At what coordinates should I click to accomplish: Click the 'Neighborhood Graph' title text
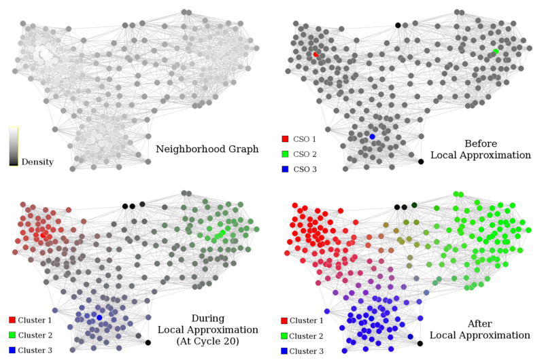click(x=207, y=149)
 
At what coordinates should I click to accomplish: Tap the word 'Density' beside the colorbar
click(x=37, y=162)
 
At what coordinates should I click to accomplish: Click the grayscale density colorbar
click(x=14, y=146)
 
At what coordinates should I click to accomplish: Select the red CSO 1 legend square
click(x=285, y=139)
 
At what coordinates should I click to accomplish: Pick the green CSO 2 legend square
click(x=285, y=154)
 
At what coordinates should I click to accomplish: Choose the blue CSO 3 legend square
click(x=285, y=169)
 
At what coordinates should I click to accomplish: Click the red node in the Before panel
click(x=316, y=54)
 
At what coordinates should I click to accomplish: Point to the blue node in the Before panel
click(x=372, y=137)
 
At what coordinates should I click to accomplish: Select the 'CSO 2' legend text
click(x=308, y=154)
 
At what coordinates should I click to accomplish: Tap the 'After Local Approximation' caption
click(x=479, y=329)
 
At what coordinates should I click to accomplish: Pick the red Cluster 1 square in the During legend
click(x=12, y=320)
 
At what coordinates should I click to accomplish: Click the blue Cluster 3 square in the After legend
click(x=284, y=350)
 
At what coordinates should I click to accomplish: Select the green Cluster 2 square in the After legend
click(x=284, y=336)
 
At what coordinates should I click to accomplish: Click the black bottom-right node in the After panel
click(x=420, y=343)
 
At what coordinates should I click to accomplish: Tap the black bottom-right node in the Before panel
click(x=421, y=161)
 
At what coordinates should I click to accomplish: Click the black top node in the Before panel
click(x=398, y=26)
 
